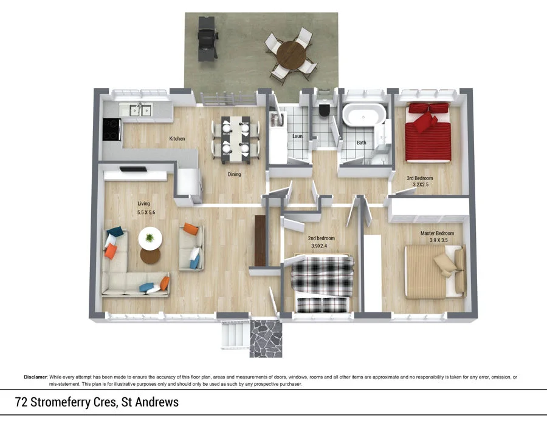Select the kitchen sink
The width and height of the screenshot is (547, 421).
[138, 109]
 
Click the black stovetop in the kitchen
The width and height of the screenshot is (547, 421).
[112, 129]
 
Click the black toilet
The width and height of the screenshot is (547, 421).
[325, 110]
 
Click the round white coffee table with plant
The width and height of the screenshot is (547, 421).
[150, 238]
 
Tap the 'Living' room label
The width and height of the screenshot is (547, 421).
[143, 204]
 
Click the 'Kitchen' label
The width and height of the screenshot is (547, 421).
[177, 139]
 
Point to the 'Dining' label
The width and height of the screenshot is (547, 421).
[234, 174]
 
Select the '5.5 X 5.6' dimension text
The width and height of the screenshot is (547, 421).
[146, 213]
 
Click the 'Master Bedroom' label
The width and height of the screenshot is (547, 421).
[437, 234]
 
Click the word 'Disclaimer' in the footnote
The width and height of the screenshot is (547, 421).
[35, 377]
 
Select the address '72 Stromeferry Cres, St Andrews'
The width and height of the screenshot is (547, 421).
[97, 402]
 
